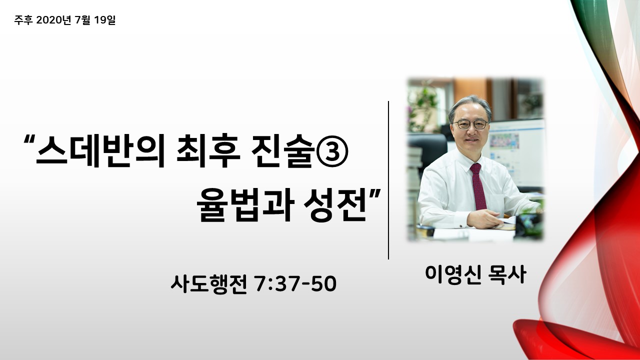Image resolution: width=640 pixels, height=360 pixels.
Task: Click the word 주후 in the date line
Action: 23,20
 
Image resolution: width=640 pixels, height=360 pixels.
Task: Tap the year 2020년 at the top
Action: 53,20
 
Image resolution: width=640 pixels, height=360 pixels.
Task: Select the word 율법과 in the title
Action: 245,204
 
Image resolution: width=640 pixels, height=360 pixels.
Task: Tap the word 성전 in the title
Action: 335,204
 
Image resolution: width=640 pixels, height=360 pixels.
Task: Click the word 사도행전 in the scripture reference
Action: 209,283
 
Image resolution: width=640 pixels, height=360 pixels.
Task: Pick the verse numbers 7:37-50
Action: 295,283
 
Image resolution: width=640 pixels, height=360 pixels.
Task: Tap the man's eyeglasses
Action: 470,124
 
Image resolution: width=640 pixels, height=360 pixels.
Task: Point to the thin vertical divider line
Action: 388,180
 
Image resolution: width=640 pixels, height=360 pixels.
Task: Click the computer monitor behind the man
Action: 516,152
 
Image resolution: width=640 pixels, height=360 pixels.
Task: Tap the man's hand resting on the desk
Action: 483,218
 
